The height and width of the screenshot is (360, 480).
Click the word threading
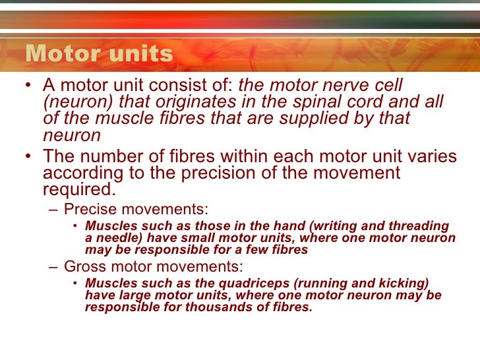click(415, 226)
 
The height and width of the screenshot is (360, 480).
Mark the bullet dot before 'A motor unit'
click(26, 86)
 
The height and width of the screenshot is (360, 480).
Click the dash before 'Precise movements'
click(53, 210)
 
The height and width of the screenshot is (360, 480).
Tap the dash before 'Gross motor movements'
click(53, 267)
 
